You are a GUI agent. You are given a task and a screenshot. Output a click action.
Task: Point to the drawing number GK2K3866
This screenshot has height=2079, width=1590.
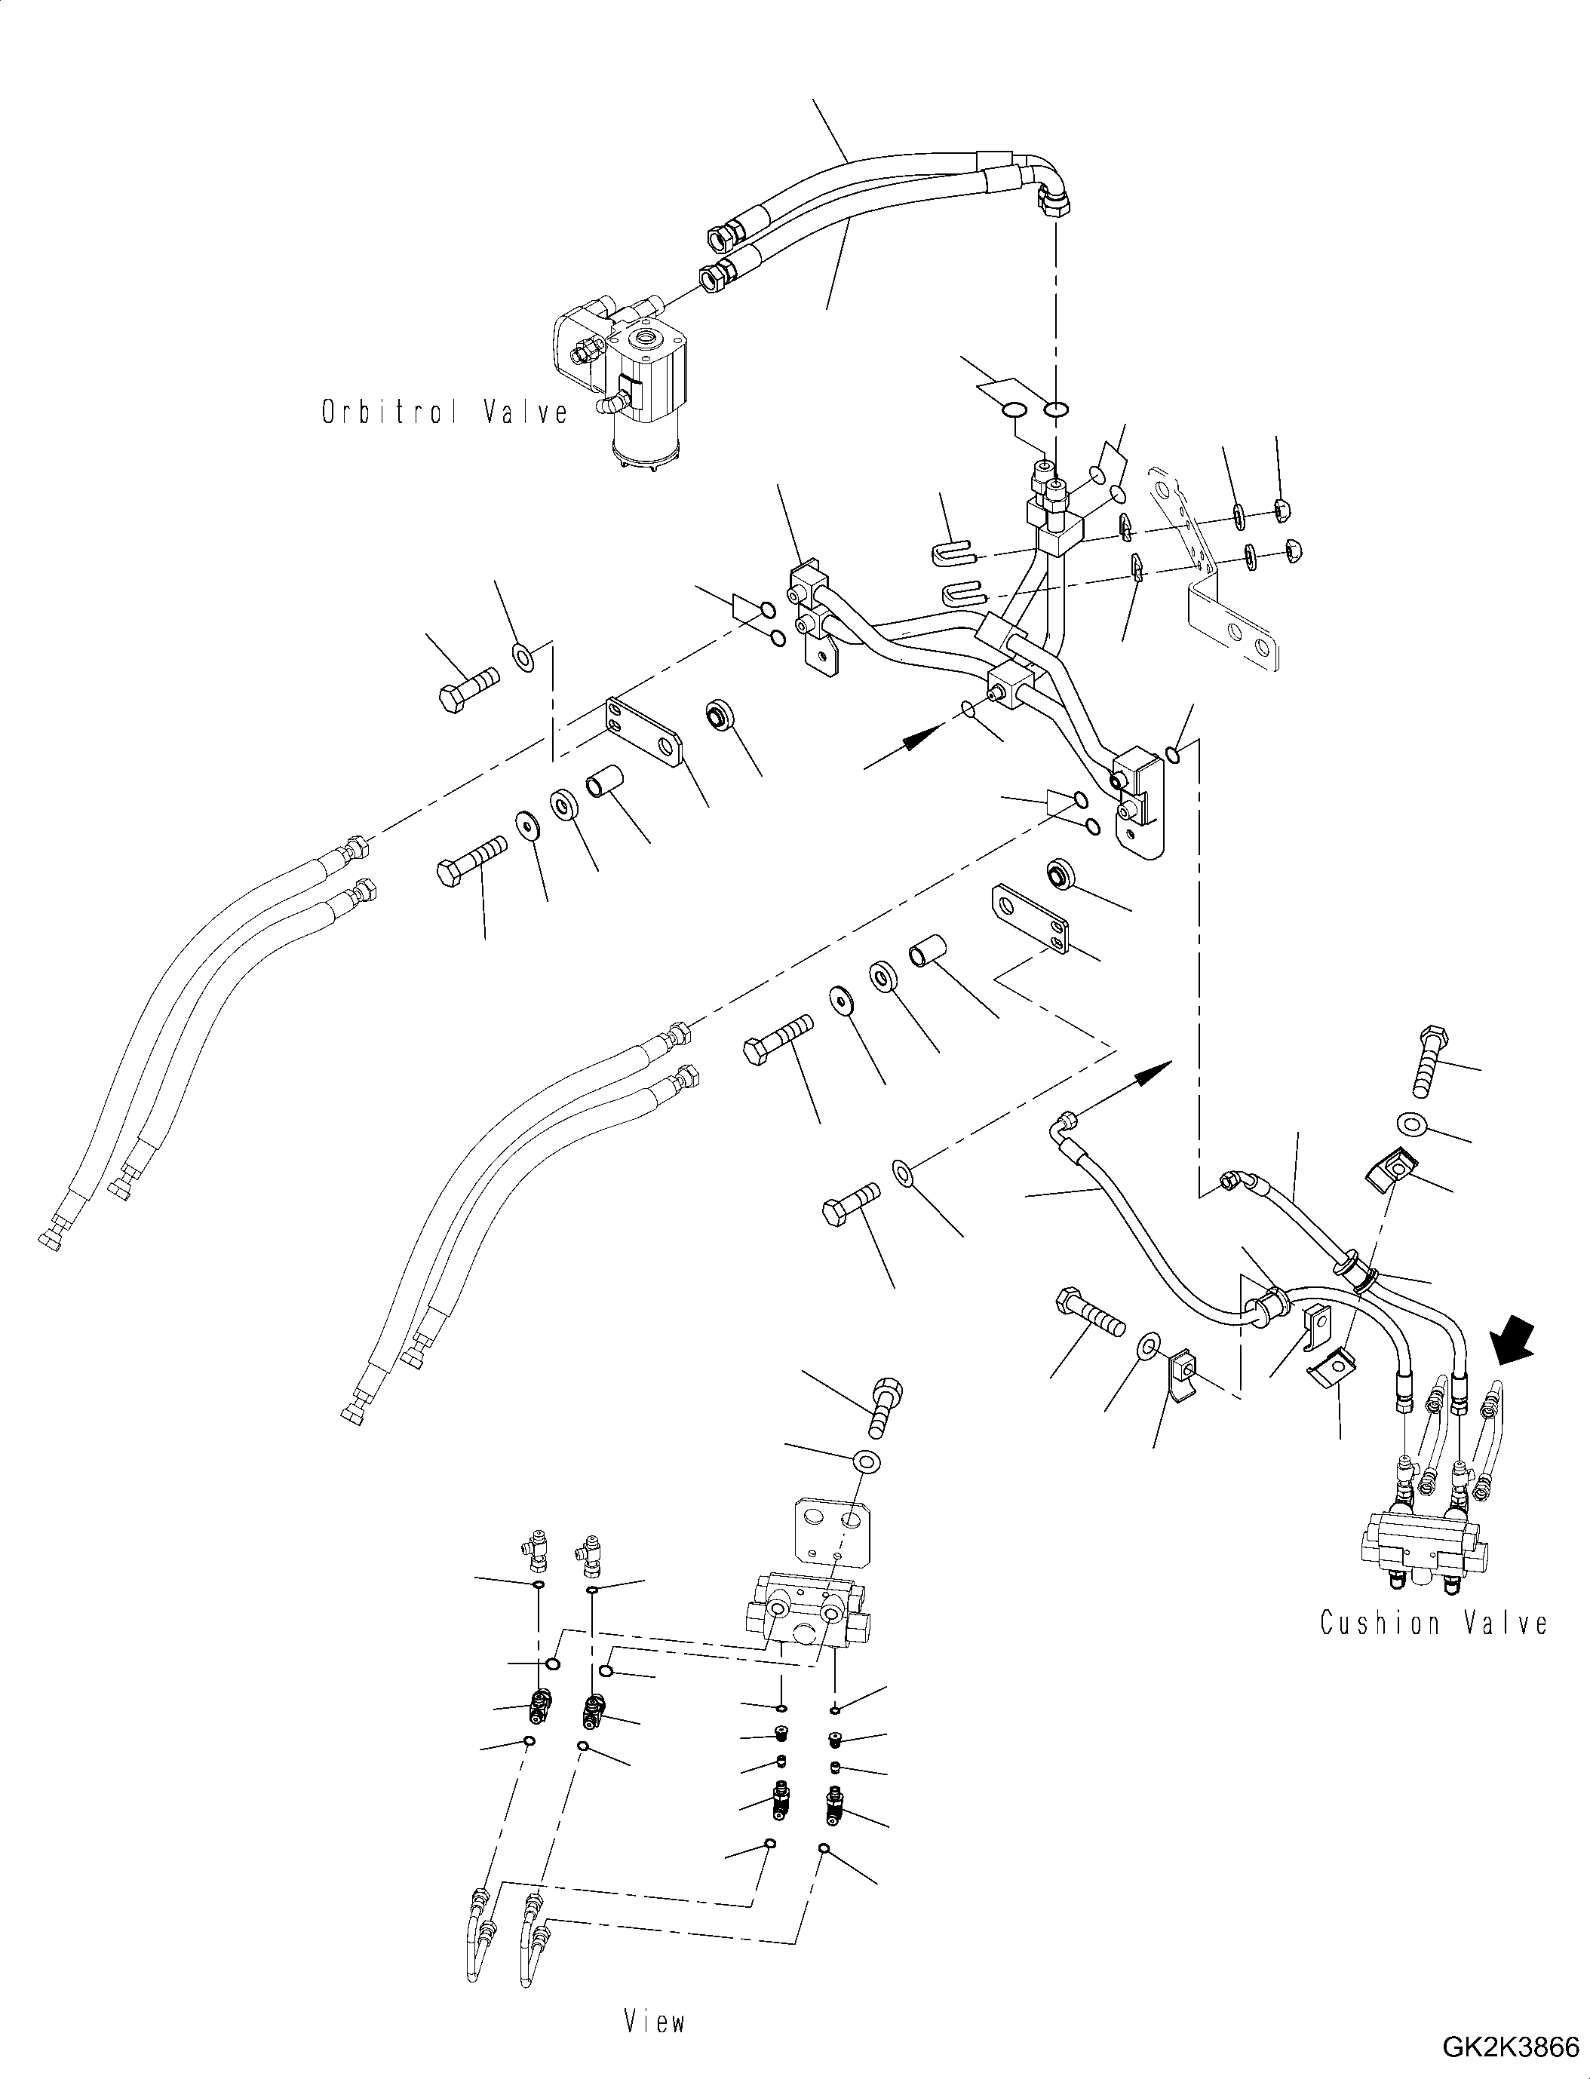(1509, 2049)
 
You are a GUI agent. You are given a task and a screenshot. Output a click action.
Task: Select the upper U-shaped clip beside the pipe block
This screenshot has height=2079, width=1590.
(956, 550)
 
